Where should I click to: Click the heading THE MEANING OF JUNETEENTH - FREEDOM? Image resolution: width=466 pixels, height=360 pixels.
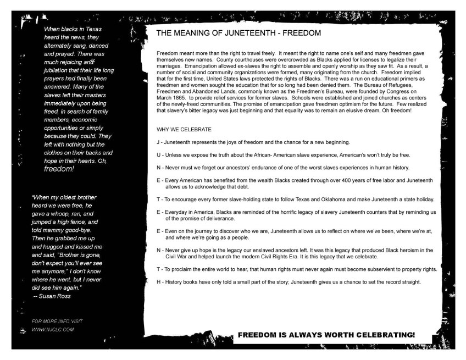coord(238,33)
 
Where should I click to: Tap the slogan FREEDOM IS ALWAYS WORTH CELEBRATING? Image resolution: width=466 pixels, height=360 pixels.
coord(326,334)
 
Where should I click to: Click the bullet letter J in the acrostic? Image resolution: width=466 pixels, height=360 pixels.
coord(158,143)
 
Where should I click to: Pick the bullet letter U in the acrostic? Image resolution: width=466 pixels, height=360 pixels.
coord(159,154)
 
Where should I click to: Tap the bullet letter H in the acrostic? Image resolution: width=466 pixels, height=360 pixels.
coord(159,282)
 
